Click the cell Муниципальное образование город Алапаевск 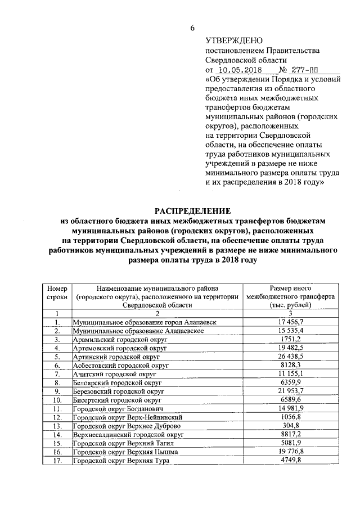tap(145, 322)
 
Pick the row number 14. tap(57, 435)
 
